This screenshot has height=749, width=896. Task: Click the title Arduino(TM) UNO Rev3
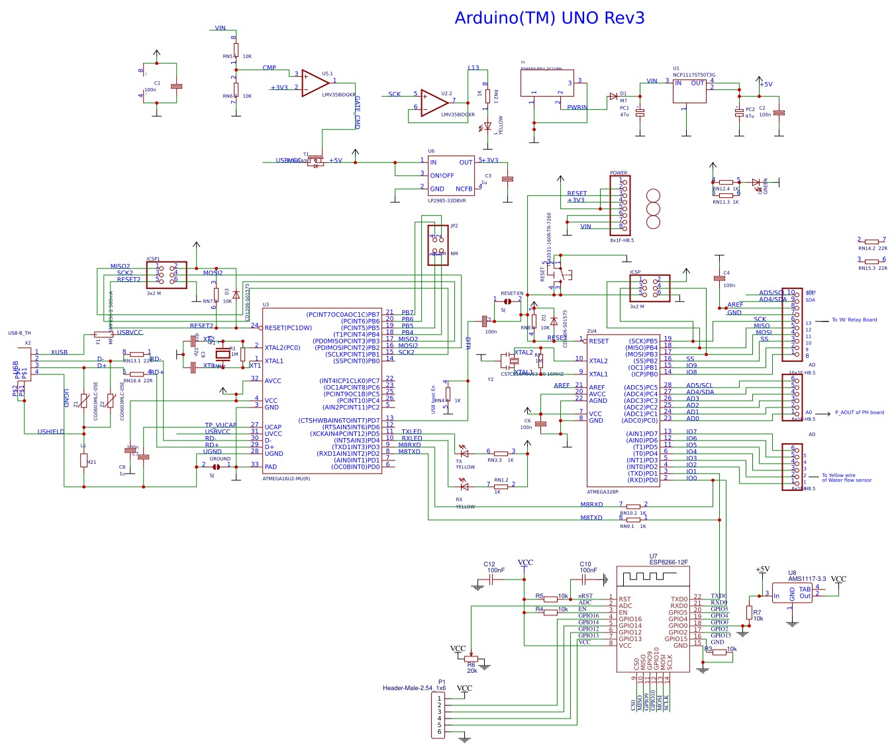click(549, 18)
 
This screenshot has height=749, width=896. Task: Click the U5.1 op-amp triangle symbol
click(315, 83)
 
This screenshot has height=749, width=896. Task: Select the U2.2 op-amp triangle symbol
click(434, 103)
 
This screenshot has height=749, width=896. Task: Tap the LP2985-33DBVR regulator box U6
click(451, 176)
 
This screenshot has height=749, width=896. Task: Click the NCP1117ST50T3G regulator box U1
click(689, 91)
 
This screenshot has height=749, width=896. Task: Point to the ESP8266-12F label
click(668, 562)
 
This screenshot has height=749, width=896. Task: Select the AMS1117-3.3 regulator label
click(807, 578)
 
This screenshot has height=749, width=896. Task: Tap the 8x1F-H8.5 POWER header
click(620, 205)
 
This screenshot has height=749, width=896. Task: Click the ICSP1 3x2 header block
click(166, 275)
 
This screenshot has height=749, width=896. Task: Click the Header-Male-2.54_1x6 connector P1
click(438, 714)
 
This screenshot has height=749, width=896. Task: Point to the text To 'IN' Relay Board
click(854, 320)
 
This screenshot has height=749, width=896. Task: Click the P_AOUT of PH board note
click(859, 412)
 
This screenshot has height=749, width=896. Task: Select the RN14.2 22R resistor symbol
click(871, 242)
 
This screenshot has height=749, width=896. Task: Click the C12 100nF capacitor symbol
click(492, 579)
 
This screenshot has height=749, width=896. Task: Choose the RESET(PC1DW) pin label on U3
click(288, 328)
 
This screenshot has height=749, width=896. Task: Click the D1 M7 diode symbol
click(613, 96)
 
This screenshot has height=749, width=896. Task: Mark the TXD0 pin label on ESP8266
click(679, 599)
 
